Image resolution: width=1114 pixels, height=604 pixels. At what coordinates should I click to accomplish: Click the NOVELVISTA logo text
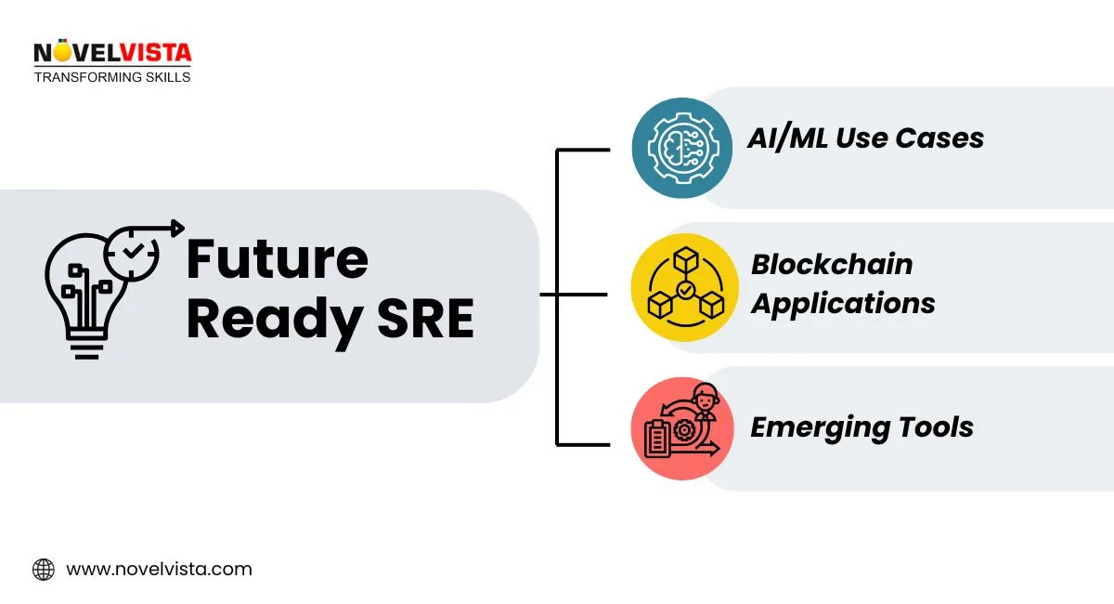[111, 53]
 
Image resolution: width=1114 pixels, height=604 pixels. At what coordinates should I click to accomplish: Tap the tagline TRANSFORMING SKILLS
[111, 77]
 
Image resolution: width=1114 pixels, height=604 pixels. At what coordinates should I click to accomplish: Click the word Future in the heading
[277, 259]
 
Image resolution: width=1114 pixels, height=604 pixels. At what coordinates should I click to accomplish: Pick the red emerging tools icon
[681, 428]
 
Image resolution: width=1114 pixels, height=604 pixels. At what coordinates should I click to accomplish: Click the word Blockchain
[832, 265]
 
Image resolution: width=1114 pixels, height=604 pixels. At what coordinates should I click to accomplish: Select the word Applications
[843, 304]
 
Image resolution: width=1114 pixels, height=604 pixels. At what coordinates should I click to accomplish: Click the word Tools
[938, 427]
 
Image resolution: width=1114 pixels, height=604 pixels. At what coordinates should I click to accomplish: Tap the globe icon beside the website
[44, 570]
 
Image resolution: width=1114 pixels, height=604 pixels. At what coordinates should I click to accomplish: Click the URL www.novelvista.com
[159, 569]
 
